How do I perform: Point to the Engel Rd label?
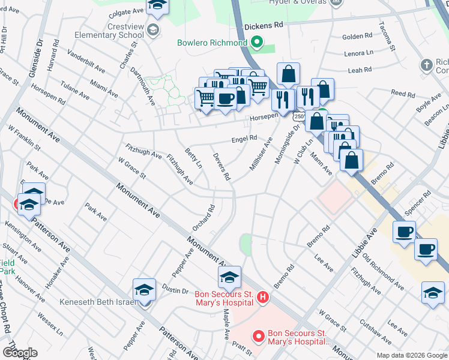coord(244,139)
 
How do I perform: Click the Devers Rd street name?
coord(222,167)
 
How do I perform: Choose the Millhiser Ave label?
coord(261,154)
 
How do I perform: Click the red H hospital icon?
coord(262,297)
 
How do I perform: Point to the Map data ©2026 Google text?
coord(411,355)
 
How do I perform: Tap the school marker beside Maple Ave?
coord(229,278)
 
